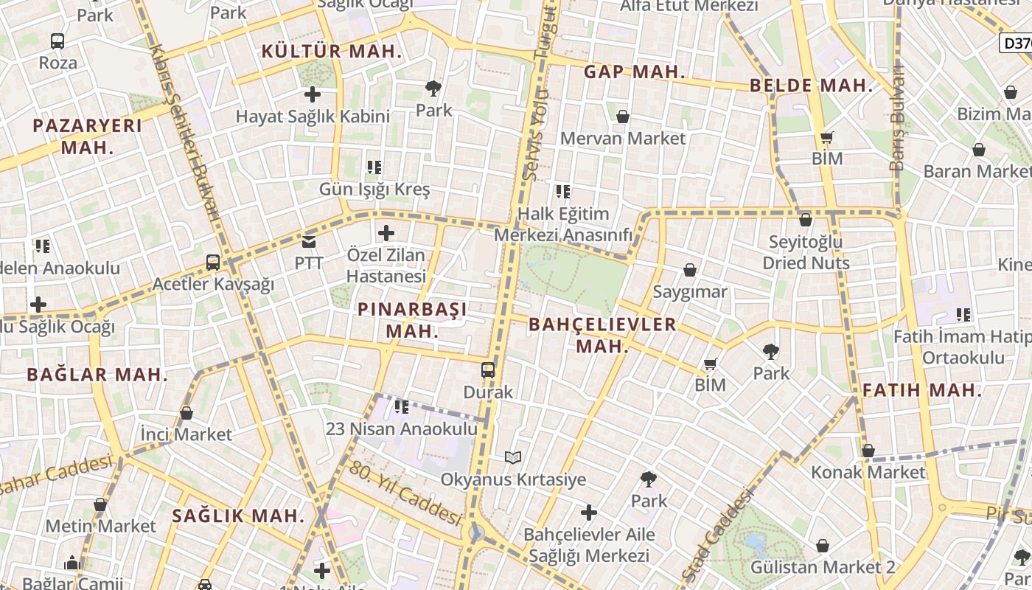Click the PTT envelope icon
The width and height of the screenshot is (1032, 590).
pyautogui.click(x=308, y=241)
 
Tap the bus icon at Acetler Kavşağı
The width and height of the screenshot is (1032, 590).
pyautogui.click(x=213, y=262)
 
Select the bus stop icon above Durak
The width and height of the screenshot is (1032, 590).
pyautogui.click(x=488, y=369)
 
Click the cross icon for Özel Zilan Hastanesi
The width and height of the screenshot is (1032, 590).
pyautogui.click(x=386, y=234)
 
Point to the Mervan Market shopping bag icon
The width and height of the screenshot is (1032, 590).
pyautogui.click(x=623, y=117)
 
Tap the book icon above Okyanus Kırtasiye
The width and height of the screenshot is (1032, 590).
pyautogui.click(x=513, y=457)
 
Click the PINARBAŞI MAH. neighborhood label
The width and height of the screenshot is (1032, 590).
pyautogui.click(x=412, y=320)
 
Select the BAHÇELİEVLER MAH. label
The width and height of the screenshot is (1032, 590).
pyautogui.click(x=602, y=335)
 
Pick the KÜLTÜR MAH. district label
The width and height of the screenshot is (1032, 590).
pyautogui.click(x=332, y=52)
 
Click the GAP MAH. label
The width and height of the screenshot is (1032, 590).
pyautogui.click(x=635, y=72)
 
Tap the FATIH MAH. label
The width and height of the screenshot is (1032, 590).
pyautogui.click(x=922, y=391)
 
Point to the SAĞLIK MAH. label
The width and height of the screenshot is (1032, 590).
pyautogui.click(x=238, y=516)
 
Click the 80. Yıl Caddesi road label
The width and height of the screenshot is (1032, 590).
pyautogui.click(x=405, y=493)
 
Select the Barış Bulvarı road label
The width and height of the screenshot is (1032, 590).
pyautogui.click(x=897, y=118)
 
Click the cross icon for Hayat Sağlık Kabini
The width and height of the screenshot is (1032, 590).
pyautogui.click(x=313, y=94)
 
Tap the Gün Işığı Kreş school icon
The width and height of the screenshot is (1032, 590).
pyautogui.click(x=374, y=167)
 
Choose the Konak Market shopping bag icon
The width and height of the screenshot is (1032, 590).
pyautogui.click(x=868, y=451)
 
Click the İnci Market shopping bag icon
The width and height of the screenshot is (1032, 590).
pyautogui.click(x=186, y=413)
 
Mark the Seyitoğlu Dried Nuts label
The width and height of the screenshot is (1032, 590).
pyautogui.click(x=806, y=252)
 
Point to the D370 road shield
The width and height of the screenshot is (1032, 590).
pyautogui.click(x=1017, y=44)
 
